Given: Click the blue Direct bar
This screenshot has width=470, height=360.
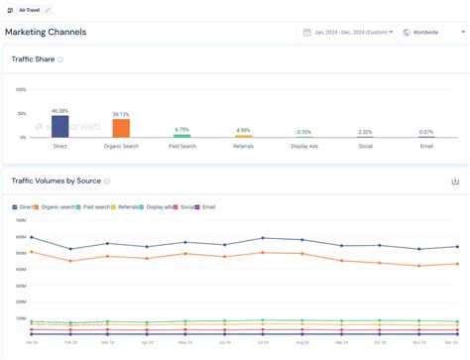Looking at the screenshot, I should (60, 126).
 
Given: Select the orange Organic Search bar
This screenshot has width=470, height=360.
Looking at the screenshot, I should (121, 128).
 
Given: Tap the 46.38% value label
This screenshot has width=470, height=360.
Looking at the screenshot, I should (60, 110).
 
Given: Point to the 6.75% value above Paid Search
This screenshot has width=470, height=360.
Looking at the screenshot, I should (181, 130).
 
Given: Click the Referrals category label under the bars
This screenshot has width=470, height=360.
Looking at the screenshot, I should (243, 146).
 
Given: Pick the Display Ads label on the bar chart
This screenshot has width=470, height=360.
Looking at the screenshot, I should (303, 146).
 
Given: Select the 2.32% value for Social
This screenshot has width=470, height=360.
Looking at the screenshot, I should (365, 132).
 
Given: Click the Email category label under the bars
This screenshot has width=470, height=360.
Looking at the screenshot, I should (426, 146).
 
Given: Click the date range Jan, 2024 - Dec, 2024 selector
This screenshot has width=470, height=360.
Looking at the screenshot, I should (347, 32).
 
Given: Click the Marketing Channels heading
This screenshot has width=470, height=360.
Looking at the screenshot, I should (46, 32).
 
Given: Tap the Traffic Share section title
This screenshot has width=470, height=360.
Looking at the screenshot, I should (33, 60).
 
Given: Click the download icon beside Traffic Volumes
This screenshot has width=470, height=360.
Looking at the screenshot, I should (455, 181).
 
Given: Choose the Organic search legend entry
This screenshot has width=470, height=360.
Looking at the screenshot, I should (58, 207).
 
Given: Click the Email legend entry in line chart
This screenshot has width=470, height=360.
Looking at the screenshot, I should (207, 207).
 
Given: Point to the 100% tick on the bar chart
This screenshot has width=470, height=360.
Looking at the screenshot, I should (21, 90).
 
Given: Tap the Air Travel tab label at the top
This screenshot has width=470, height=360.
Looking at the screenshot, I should (29, 9).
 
